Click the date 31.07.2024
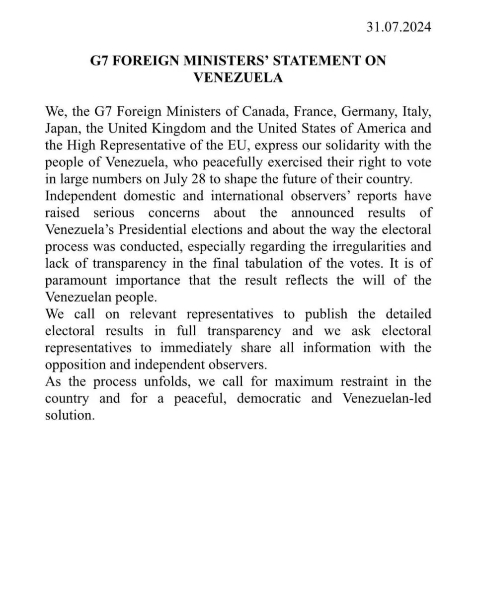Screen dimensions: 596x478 click(x=399, y=26)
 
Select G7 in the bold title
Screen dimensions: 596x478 click(x=98, y=61)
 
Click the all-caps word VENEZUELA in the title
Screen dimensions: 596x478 click(x=238, y=77)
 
